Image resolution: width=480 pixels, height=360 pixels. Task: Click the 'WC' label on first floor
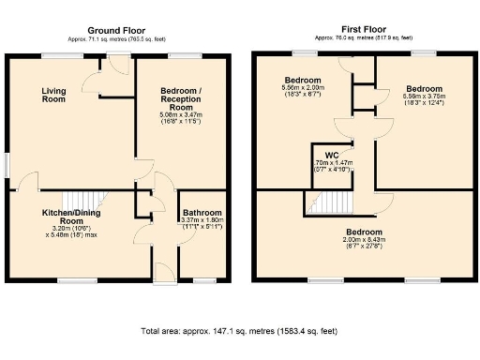331,155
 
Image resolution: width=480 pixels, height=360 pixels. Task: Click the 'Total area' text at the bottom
240,331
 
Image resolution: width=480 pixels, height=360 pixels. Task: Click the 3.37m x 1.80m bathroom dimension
201,224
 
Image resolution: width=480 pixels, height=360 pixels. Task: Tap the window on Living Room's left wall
7,162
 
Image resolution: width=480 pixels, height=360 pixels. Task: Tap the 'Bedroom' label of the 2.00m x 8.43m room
363,232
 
